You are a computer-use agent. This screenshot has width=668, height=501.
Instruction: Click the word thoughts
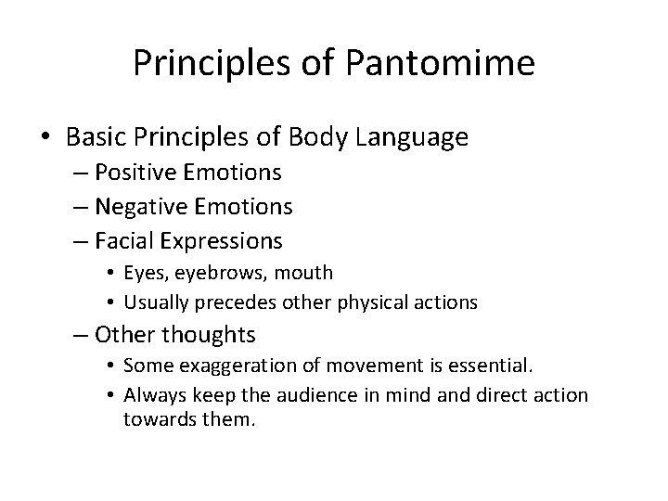point(209,333)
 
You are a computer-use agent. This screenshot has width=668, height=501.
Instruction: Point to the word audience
point(324,394)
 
